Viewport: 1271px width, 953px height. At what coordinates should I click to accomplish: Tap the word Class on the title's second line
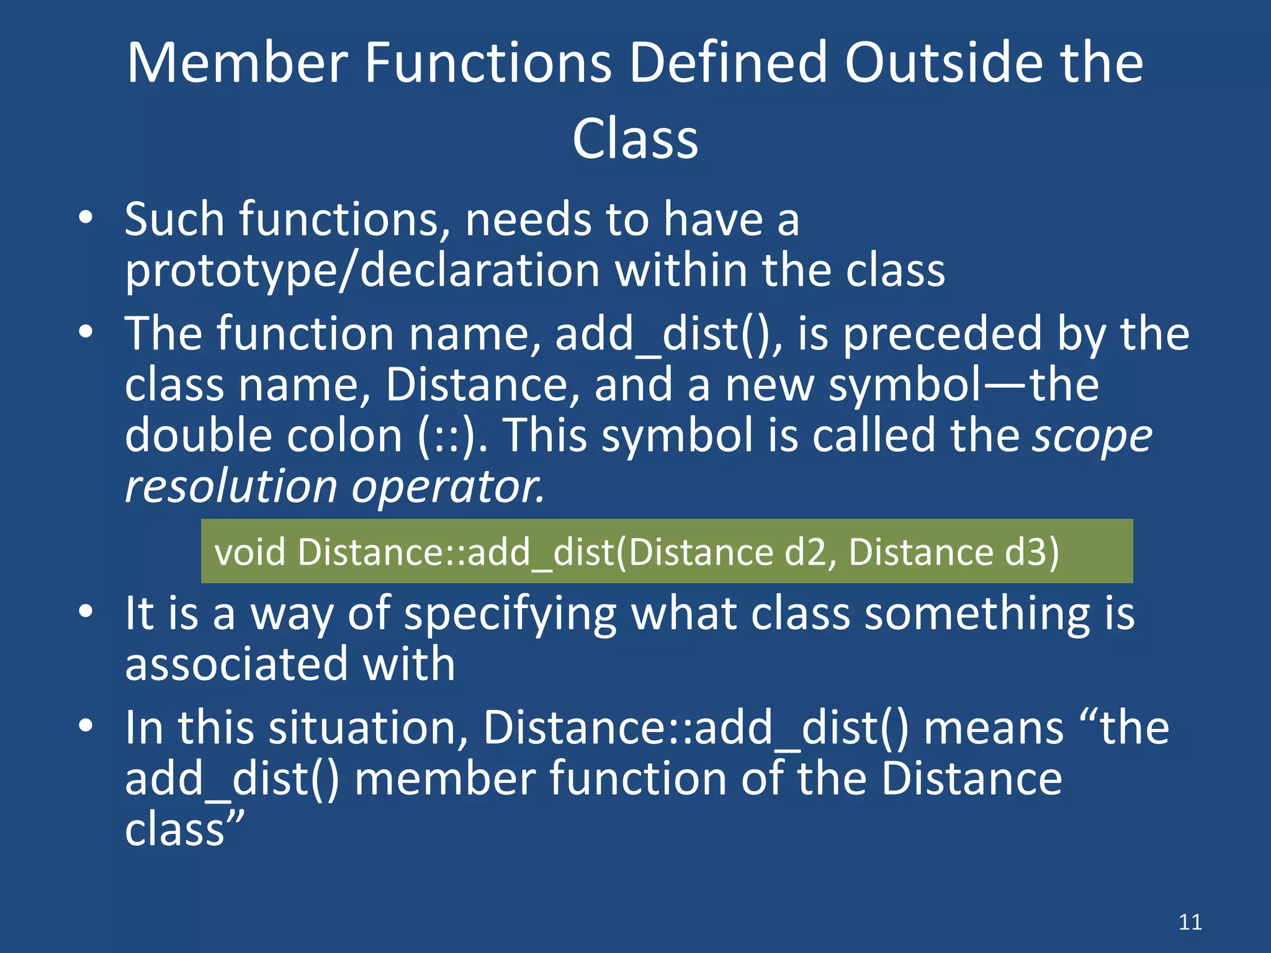coord(635,139)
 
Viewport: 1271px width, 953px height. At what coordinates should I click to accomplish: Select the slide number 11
coord(1190,922)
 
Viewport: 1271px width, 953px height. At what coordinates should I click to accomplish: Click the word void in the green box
coord(249,552)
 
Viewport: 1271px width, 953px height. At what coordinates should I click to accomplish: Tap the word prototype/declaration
coord(362,271)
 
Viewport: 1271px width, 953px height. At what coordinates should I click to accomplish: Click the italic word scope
coord(1092,436)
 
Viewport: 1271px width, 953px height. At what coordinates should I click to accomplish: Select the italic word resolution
coord(230,486)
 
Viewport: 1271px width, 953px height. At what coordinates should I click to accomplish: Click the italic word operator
coord(447,486)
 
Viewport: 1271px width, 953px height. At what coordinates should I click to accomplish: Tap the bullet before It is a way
coord(86,611)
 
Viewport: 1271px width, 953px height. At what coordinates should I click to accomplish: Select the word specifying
coord(510,614)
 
